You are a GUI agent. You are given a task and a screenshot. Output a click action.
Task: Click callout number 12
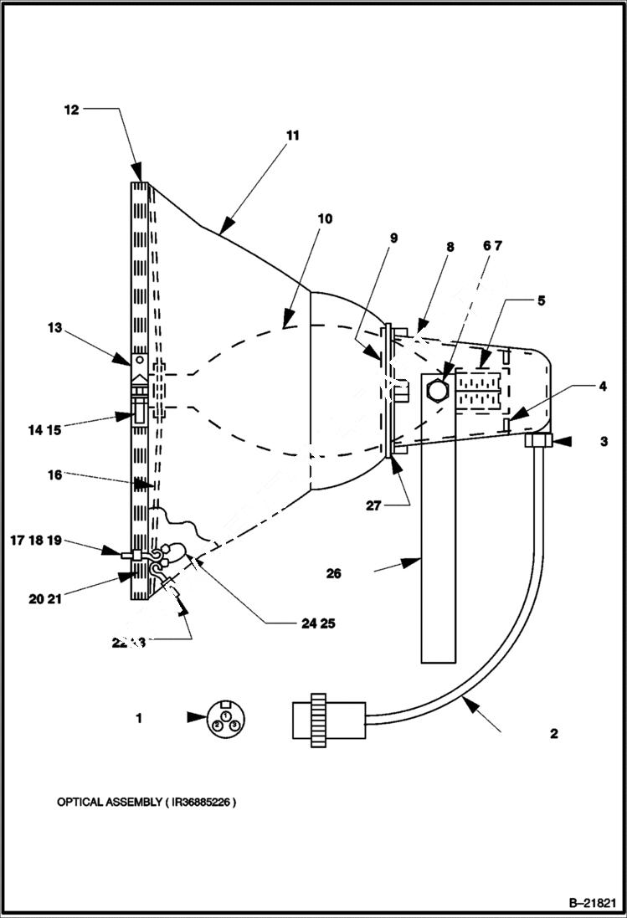click(72, 110)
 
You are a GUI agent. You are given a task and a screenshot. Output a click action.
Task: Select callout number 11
click(291, 135)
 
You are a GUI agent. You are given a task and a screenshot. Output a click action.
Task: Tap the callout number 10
click(324, 218)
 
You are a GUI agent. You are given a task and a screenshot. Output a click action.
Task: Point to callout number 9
click(394, 238)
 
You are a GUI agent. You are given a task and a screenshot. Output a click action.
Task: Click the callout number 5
click(541, 300)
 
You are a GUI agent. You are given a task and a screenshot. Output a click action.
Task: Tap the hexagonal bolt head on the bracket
click(439, 390)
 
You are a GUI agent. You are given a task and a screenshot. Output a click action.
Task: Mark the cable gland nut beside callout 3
click(537, 440)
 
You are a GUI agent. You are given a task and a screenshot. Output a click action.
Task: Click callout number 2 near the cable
click(553, 734)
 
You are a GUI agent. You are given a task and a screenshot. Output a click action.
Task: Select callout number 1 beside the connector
click(139, 718)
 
